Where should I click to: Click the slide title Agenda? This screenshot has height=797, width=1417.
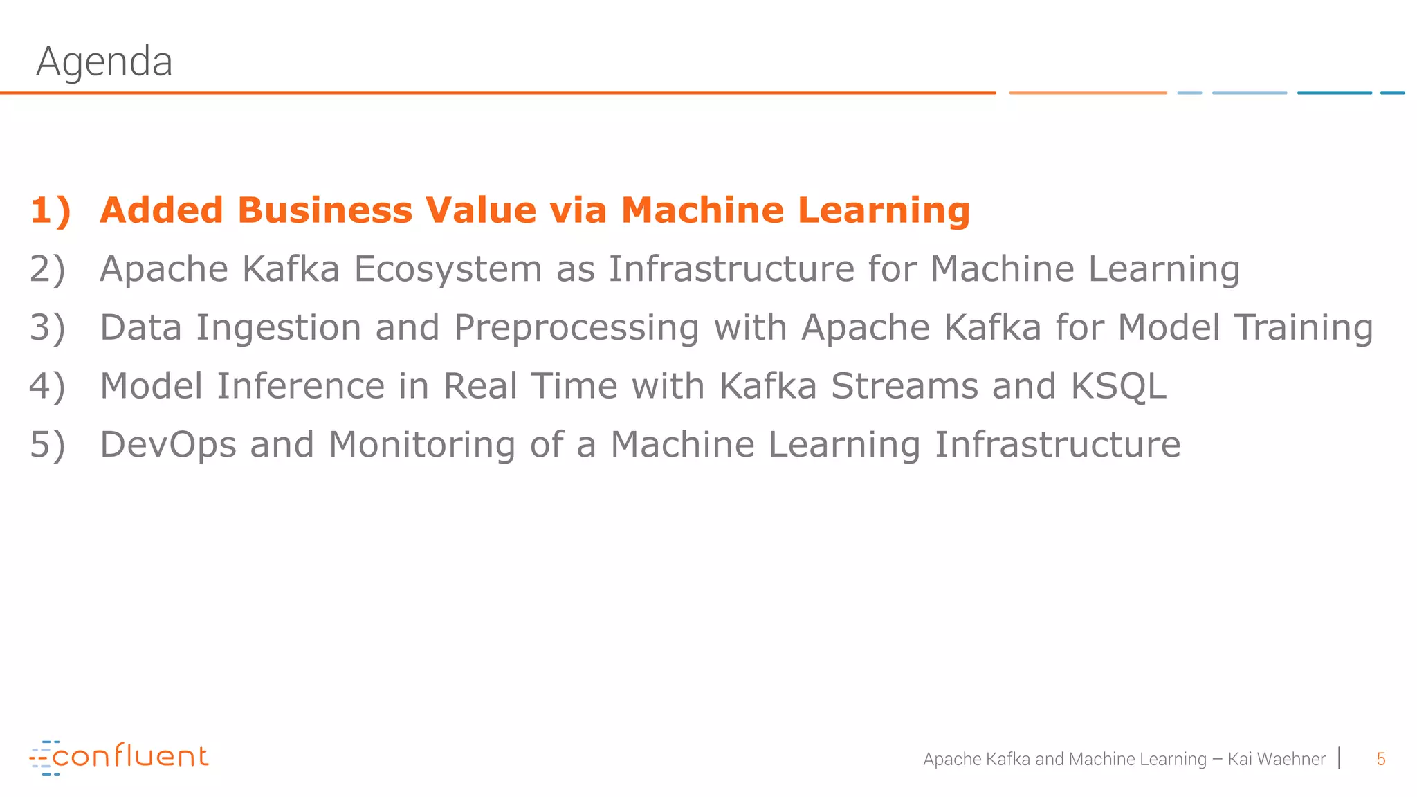click(x=104, y=62)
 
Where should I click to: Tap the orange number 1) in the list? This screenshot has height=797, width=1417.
click(x=51, y=210)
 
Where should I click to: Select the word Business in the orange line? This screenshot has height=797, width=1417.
click(x=325, y=210)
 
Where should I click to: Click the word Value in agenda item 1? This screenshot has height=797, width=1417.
click(x=480, y=210)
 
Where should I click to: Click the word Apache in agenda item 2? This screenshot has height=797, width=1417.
click(x=164, y=269)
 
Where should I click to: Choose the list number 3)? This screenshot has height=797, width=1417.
click(x=47, y=328)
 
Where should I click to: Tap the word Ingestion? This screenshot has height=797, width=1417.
click(x=278, y=328)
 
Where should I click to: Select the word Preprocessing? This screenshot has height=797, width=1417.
click(x=576, y=328)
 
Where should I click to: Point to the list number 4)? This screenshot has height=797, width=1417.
click(x=47, y=386)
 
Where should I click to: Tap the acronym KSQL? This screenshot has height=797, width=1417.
click(x=1118, y=386)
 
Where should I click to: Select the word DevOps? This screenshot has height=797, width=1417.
click(x=168, y=445)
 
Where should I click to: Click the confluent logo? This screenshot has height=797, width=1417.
click(x=119, y=758)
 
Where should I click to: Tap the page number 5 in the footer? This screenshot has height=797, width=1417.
click(x=1380, y=759)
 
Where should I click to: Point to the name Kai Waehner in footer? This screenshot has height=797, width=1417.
click(x=1276, y=759)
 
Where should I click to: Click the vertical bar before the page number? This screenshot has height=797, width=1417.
click(x=1340, y=758)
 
